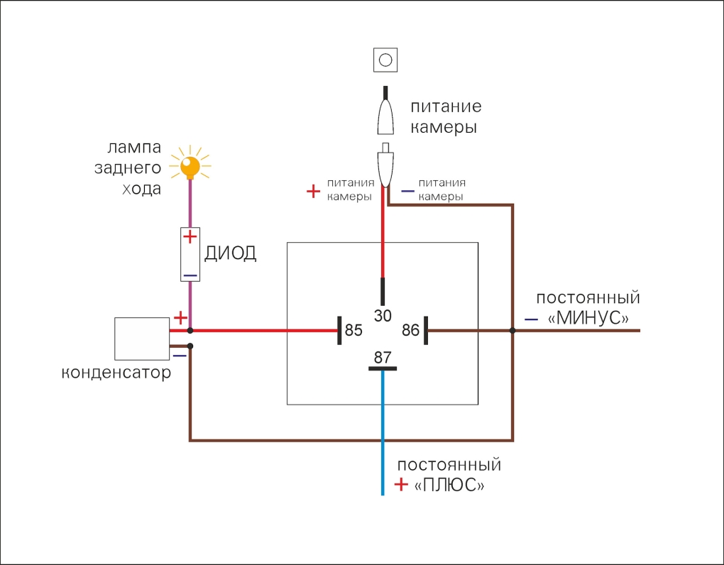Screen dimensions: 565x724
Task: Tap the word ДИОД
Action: tap(230, 254)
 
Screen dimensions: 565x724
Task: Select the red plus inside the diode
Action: tap(190, 236)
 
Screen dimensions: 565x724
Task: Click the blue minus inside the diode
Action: tap(190, 275)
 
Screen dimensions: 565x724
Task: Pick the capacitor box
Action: tap(142, 339)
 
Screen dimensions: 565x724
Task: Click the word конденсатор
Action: tap(116, 373)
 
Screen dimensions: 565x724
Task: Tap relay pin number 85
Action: tap(353, 330)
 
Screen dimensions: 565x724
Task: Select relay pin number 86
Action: tap(411, 330)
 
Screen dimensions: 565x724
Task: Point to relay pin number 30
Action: tap(383, 315)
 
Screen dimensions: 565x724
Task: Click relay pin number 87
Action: tap(383, 357)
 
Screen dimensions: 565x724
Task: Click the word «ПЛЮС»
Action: tap(449, 486)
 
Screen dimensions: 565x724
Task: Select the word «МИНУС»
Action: tap(588, 319)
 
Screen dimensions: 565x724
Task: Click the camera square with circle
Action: tap(385, 60)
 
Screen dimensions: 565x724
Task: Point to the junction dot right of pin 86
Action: tap(512, 331)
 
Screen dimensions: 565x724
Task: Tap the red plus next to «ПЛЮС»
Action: tap(401, 485)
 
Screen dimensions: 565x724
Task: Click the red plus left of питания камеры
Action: tap(313, 191)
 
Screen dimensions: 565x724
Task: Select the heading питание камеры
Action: tap(446, 117)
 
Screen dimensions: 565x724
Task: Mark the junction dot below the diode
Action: tap(190, 331)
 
